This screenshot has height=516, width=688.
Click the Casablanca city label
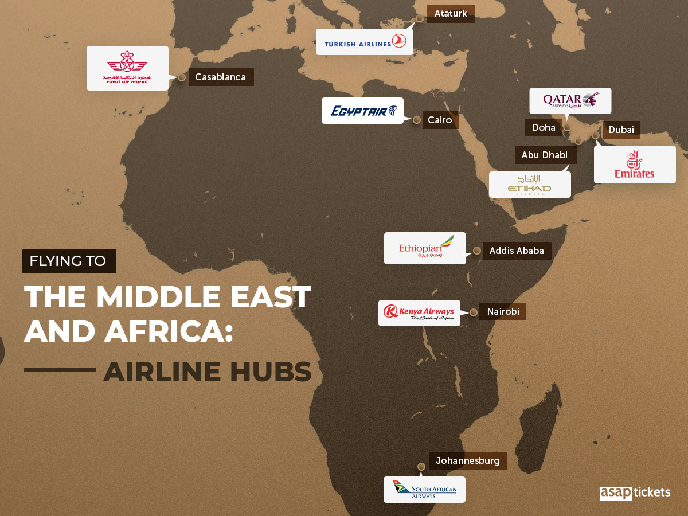(220, 77)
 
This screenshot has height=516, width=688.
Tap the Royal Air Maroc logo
(127, 68)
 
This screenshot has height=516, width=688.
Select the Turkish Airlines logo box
(365, 42)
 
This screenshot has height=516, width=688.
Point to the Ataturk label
(451, 14)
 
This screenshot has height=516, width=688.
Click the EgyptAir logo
(362, 111)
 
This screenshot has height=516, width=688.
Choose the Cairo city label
(440, 120)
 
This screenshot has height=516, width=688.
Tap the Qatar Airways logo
(570, 101)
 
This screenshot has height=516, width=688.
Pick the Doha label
(544, 128)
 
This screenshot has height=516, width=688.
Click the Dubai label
(621, 130)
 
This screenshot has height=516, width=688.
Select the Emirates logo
(634, 165)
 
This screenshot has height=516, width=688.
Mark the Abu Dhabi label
(544, 155)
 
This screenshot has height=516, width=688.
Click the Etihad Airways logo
(529, 184)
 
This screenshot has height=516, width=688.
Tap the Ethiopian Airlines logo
(425, 248)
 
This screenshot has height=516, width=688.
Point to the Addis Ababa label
(516, 251)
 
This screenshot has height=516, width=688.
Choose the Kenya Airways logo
(419, 312)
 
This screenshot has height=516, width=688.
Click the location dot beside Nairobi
(474, 312)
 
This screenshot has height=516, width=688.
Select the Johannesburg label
(467, 460)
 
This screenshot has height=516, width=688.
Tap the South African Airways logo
(424, 490)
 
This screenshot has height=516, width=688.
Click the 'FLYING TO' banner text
(68, 261)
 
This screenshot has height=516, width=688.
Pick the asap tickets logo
(635, 492)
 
